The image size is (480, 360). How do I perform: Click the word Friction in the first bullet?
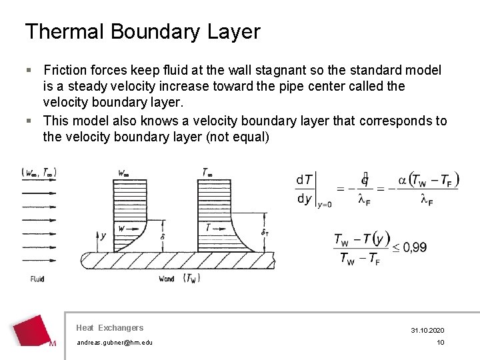[65, 70]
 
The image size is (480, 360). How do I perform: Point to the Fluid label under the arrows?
[37, 279]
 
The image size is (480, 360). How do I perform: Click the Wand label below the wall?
[167, 279]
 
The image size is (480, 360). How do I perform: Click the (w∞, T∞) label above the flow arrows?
[39, 173]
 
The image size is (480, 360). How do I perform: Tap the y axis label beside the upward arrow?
[103, 235]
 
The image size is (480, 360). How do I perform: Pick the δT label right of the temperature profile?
[265, 233]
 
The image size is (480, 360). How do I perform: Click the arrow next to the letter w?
[133, 228]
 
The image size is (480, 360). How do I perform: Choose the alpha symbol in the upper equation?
[403, 180]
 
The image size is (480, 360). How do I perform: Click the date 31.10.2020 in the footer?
[427, 331]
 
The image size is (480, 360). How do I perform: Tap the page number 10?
[440, 343]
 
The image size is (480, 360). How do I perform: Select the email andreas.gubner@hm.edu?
[114, 343]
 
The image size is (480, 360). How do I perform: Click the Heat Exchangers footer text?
[109, 327]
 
